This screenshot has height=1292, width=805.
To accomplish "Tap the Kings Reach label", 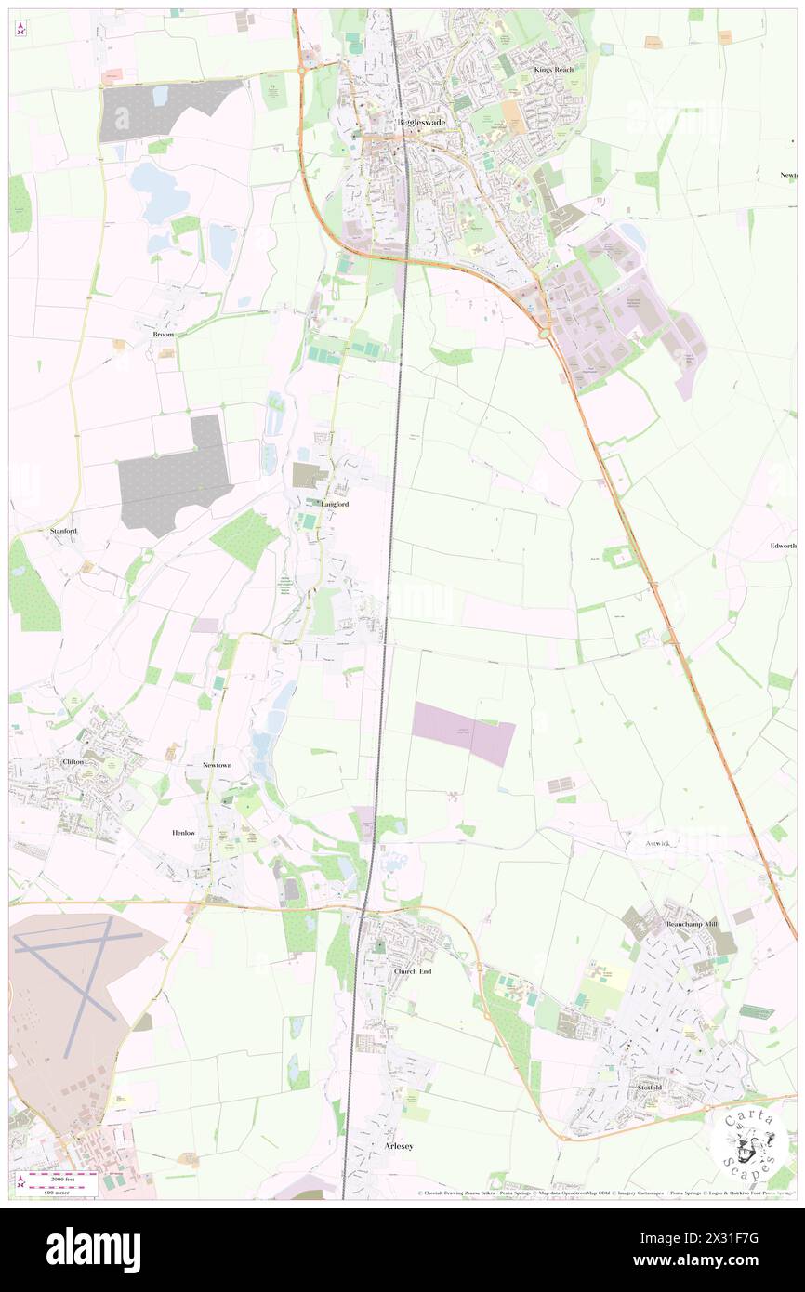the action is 554,70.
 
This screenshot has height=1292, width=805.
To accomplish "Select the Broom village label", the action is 164,334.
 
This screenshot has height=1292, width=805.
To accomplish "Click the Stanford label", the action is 63,531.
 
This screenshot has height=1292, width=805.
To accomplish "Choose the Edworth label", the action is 783,546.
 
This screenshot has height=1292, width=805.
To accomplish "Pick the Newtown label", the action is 217,765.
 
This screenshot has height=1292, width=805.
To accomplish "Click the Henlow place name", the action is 184,833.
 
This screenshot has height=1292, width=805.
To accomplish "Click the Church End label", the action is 413,971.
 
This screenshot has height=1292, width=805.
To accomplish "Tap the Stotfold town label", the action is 649,1088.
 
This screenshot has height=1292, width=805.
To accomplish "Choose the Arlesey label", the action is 398,1147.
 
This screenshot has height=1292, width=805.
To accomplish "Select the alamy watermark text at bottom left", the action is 93,1250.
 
